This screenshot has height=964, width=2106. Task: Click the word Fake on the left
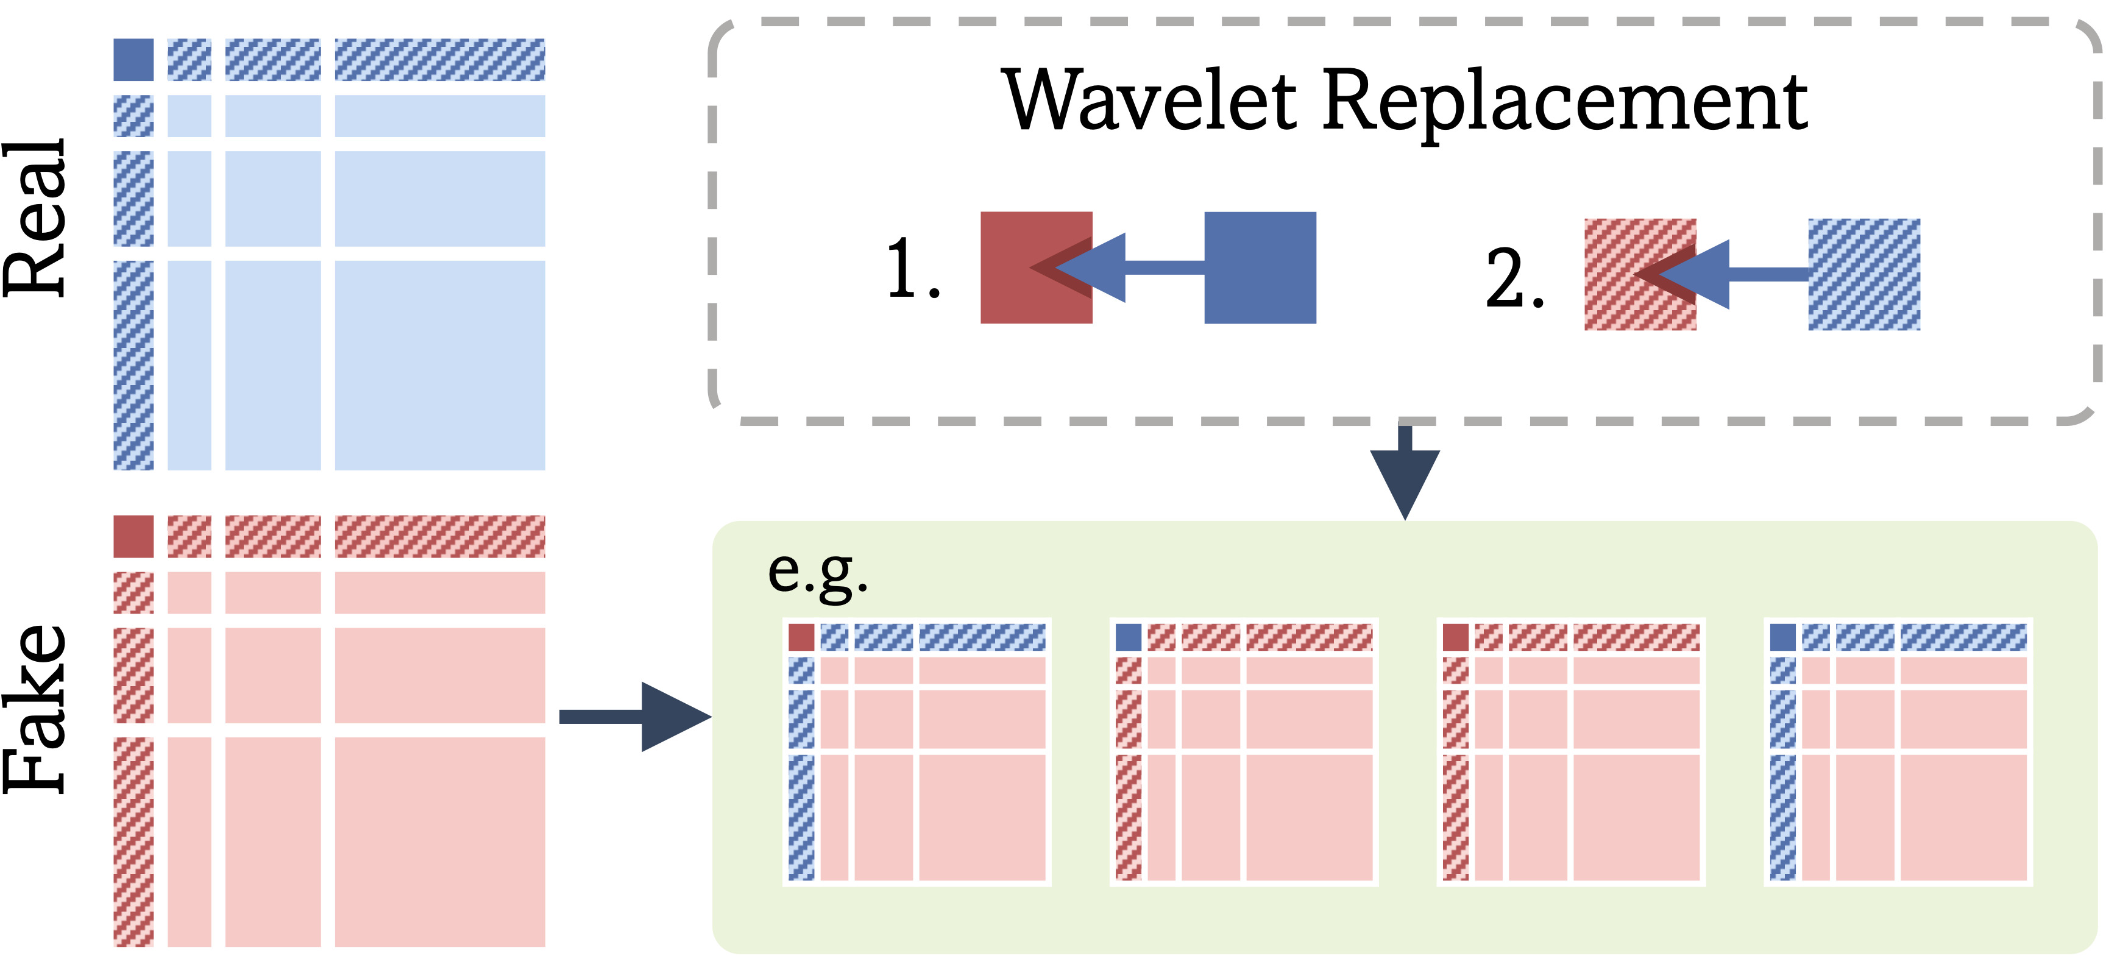34,708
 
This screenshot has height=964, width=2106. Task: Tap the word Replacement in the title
1564,102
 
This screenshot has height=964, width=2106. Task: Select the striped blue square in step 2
1864,274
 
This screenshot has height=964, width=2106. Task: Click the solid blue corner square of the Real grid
133,60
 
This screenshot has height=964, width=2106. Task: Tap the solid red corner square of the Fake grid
133,536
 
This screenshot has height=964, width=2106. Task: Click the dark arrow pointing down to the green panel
1405,478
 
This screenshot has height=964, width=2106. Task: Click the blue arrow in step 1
1144,268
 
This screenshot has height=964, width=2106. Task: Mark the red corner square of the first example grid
801,637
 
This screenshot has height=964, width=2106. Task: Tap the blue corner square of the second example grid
1128,637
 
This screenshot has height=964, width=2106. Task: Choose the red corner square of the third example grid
1455,637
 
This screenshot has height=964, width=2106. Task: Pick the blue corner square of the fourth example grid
1782,637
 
